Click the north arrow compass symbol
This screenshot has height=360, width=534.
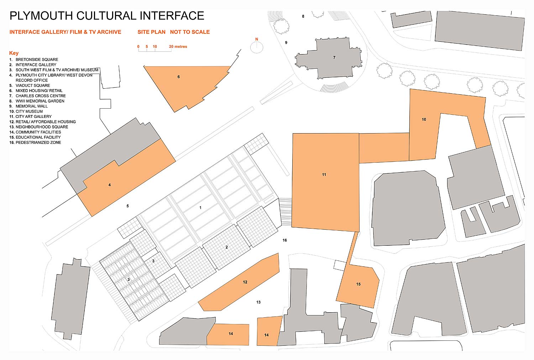click(256, 46)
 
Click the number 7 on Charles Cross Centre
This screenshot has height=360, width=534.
click(334, 57)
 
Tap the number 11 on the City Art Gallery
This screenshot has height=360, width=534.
click(324, 174)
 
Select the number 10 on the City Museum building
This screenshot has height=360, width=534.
click(424, 120)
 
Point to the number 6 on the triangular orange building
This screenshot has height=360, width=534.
click(179, 77)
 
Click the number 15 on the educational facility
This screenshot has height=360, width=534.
click(358, 284)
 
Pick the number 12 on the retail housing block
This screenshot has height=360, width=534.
click(245, 282)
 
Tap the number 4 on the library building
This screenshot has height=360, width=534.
click(110, 185)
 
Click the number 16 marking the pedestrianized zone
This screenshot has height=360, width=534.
click(285, 240)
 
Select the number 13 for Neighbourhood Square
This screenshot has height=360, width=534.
click(258, 302)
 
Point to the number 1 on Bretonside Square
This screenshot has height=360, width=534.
click(200, 208)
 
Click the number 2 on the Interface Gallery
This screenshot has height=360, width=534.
click(226, 247)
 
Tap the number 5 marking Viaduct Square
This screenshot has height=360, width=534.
click(127, 206)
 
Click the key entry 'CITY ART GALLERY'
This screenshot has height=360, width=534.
click(33, 116)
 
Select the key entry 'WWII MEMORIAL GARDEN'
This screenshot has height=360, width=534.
click(40, 101)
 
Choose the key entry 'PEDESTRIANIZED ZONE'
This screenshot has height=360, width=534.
click(38, 142)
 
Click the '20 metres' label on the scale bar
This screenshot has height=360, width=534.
click(178, 47)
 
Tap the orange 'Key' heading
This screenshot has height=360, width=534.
click(14, 53)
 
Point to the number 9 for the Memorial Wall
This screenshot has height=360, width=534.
click(286, 43)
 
